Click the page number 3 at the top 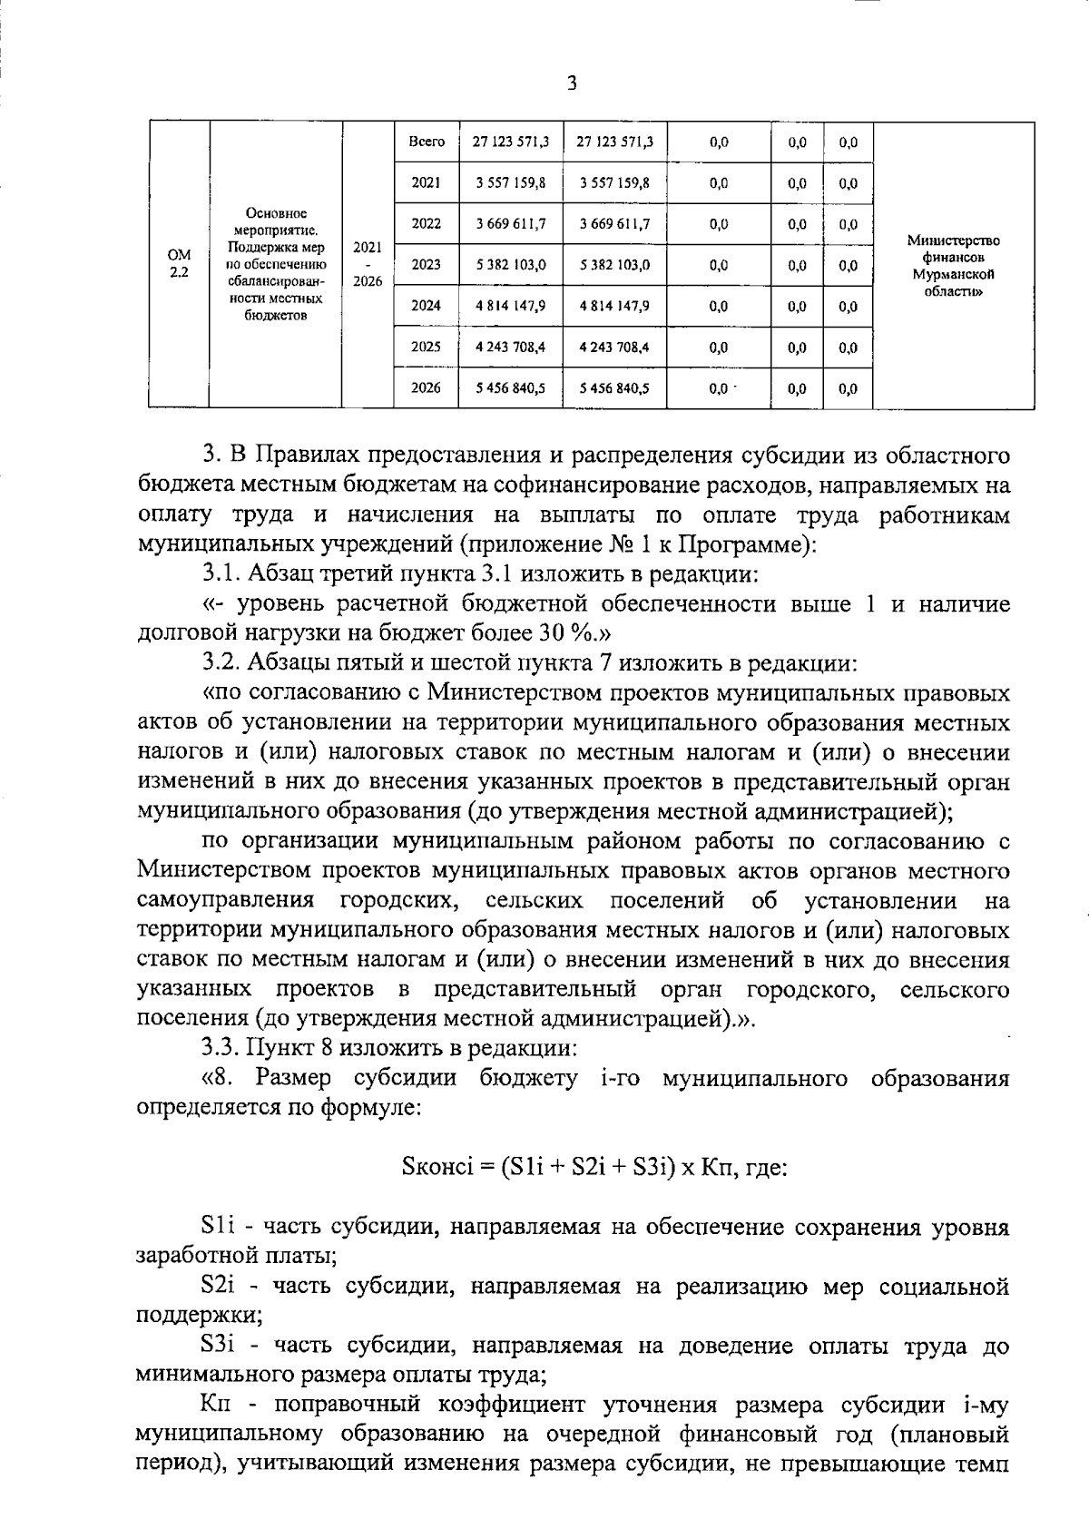click(x=571, y=84)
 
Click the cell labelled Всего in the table click(x=426, y=142)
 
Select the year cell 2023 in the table click(x=426, y=265)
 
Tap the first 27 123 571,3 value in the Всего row click(x=511, y=142)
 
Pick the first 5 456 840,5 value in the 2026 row click(x=511, y=388)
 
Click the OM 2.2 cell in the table click(x=179, y=264)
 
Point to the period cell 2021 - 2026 click(x=368, y=264)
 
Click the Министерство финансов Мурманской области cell click(x=953, y=266)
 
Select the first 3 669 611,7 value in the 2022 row click(x=511, y=224)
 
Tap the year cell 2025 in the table click(x=426, y=347)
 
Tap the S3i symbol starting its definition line click(x=220, y=1346)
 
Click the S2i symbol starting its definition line click(x=220, y=1286)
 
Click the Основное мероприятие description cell click(x=275, y=264)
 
